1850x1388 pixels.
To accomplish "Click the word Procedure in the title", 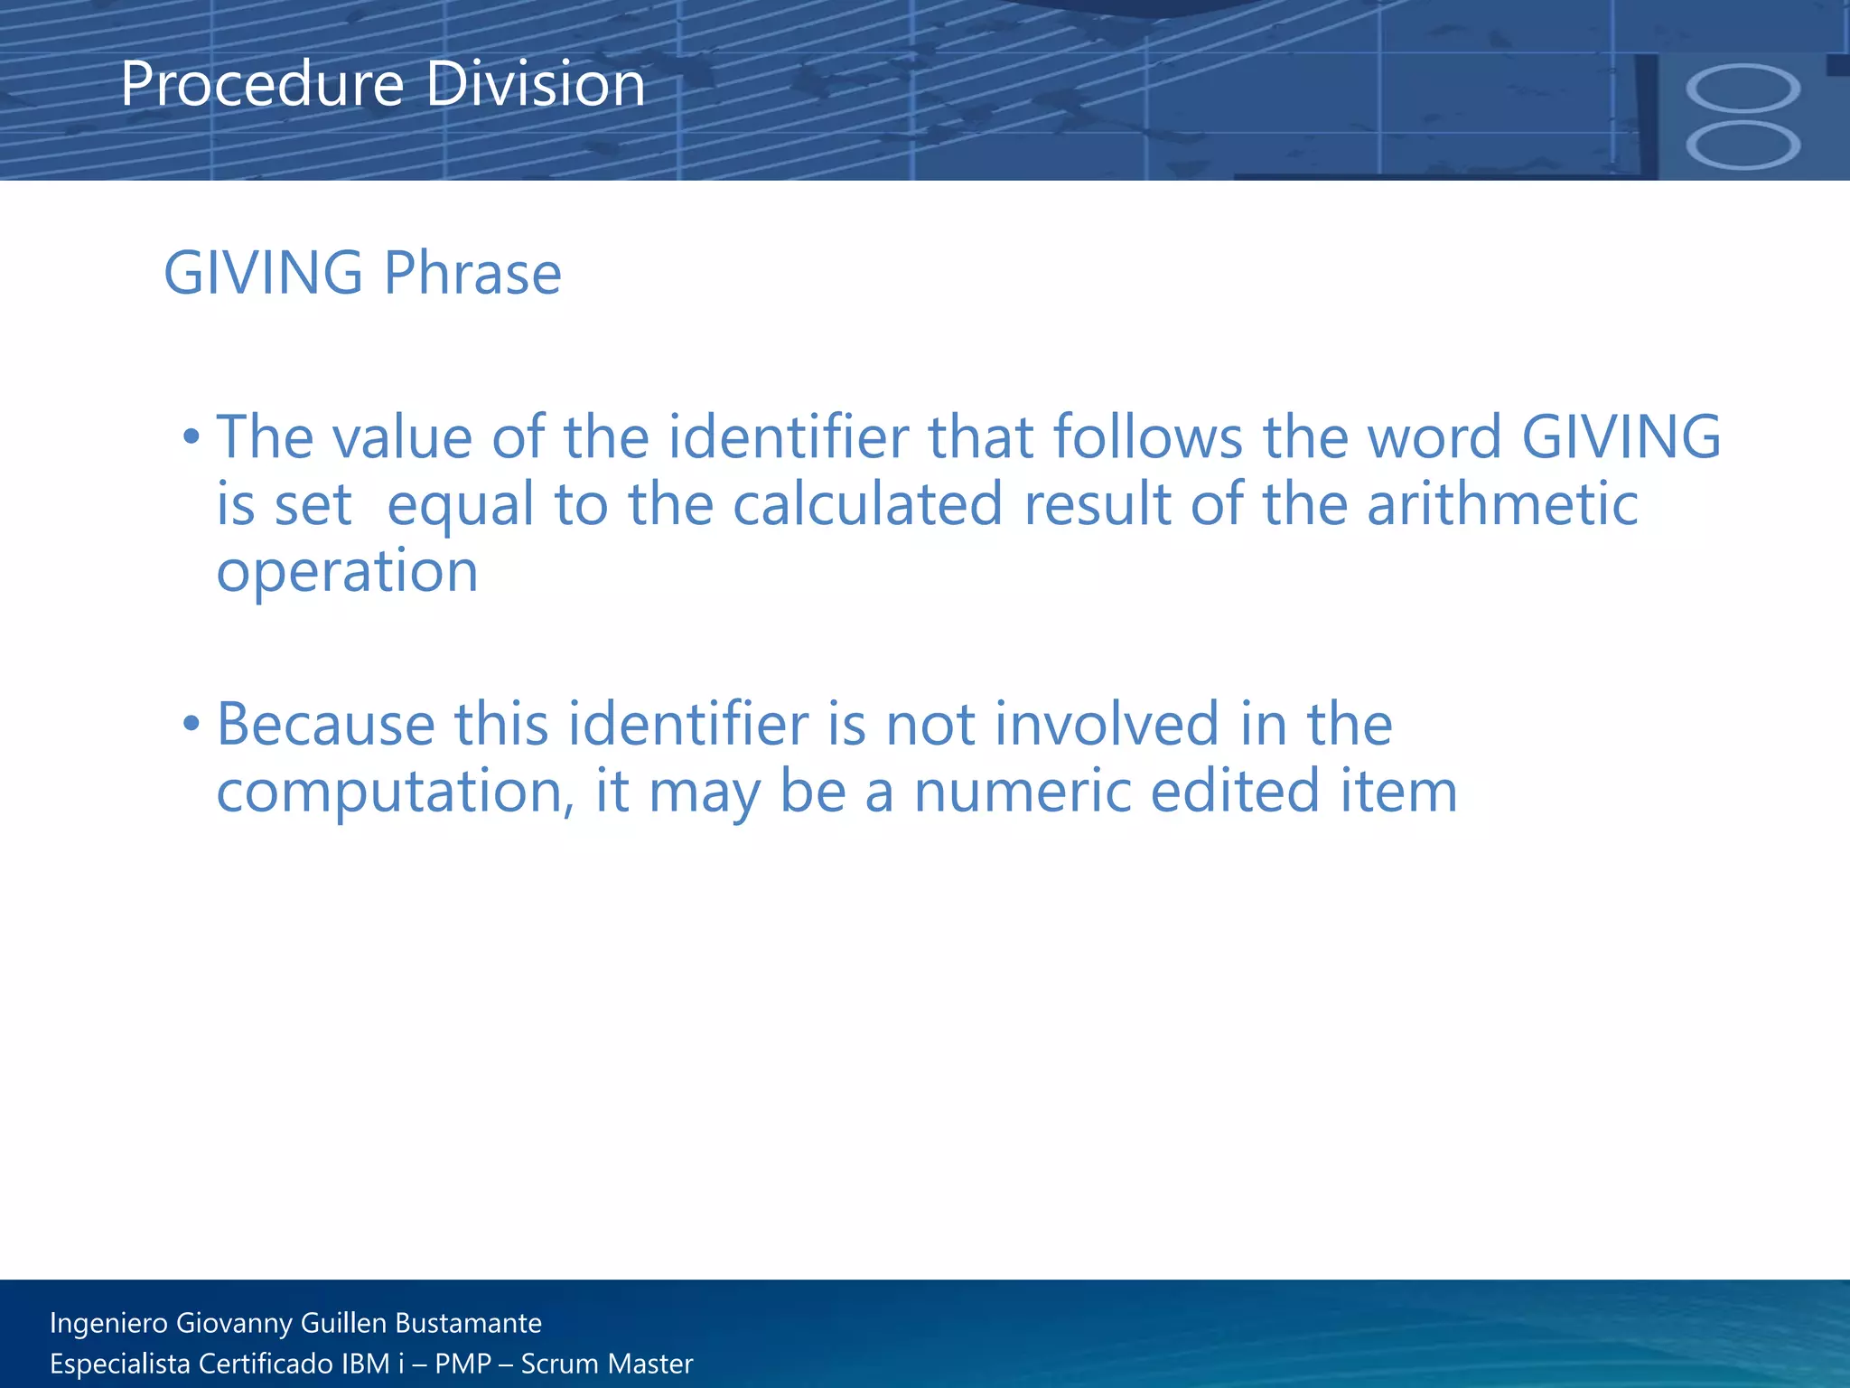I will (x=262, y=85).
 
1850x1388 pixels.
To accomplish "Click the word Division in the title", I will (x=535, y=85).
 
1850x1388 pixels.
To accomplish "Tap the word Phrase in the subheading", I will (x=472, y=273).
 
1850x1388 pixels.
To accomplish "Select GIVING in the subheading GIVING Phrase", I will (x=263, y=273).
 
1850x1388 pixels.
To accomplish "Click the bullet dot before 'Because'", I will (x=191, y=725).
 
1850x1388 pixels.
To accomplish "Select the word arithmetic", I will (x=1501, y=504).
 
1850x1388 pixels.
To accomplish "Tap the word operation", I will (x=347, y=573).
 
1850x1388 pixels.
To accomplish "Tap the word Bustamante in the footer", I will (x=468, y=1323).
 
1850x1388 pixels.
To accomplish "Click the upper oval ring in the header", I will (x=1743, y=89).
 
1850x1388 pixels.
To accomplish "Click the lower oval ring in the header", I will (x=1743, y=145).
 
